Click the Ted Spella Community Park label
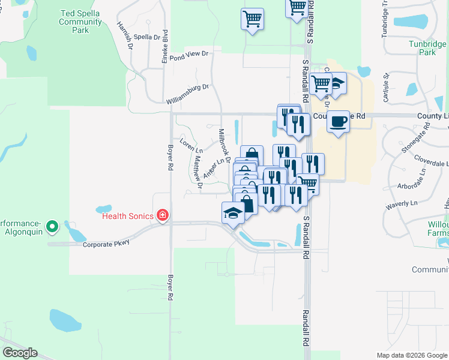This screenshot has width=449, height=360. tap(80, 21)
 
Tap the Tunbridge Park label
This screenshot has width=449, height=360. tap(427, 48)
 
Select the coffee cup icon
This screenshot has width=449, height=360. tap(339, 121)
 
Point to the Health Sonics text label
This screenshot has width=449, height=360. tap(128, 216)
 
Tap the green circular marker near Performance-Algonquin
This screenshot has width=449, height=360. tap(53, 226)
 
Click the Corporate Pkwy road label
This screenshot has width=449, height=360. tap(106, 244)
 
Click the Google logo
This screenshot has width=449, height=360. tap(20, 353)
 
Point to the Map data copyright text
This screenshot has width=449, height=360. tap(411, 355)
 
